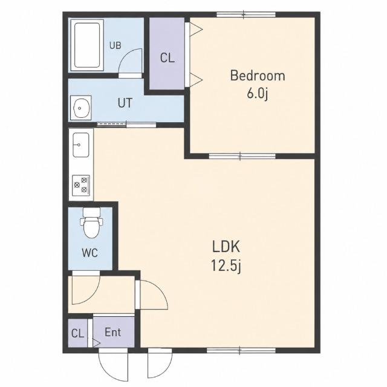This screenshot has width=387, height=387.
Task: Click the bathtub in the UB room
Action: pos(87,45)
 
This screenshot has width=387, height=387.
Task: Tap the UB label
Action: pos(115,46)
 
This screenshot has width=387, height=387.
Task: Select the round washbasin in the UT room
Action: pos(80,108)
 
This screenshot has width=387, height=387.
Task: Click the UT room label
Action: pos(125,103)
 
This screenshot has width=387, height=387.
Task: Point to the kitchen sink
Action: pos(80,145)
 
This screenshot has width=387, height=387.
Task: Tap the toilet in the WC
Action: pos(91,223)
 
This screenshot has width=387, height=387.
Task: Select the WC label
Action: pos(89,253)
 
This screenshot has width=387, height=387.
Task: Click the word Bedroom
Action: pos(258,76)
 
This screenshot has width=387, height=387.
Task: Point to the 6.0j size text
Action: pos(257,94)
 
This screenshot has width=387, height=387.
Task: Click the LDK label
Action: pos(226,247)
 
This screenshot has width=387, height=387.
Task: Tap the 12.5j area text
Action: pos(226,266)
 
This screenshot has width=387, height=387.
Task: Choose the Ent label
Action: pos(113,332)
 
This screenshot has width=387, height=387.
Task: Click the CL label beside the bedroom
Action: pos(167,58)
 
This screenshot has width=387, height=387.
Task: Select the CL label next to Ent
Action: pos(77,334)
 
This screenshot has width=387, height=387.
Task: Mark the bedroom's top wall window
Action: pos(246,15)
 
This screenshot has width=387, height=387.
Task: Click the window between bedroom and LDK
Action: pos(242,156)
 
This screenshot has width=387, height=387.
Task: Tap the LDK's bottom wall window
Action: pos(241,351)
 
